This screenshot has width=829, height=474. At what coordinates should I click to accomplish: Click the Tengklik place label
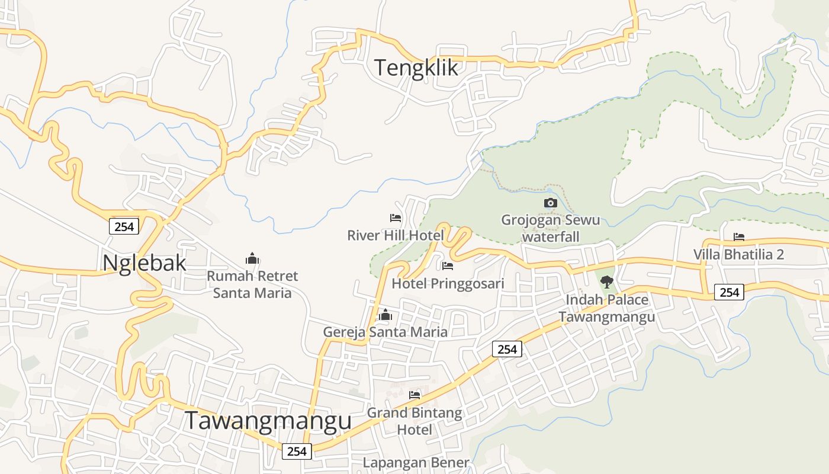click(x=416, y=68)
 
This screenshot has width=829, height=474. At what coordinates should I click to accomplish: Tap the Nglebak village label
click(x=144, y=262)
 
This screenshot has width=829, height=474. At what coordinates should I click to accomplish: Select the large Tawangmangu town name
click(x=268, y=421)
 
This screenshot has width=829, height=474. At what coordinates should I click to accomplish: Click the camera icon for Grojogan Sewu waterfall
click(x=551, y=203)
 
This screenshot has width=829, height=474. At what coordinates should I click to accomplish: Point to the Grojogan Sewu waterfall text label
click(x=551, y=228)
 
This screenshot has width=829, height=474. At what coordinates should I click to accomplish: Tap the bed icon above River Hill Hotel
click(x=396, y=218)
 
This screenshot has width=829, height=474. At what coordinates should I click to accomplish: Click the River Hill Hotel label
click(x=396, y=235)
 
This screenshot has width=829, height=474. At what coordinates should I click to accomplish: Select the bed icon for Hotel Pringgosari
click(x=448, y=266)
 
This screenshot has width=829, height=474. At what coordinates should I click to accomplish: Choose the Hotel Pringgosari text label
click(x=448, y=283)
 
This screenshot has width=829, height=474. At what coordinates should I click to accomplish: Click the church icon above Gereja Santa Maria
click(x=385, y=315)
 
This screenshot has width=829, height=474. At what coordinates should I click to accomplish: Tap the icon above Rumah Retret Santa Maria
click(x=252, y=258)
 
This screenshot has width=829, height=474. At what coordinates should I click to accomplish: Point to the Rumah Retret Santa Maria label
click(x=252, y=284)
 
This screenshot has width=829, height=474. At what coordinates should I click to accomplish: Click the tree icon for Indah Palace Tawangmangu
click(x=606, y=282)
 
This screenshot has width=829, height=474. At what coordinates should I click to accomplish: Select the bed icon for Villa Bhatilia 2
click(x=739, y=237)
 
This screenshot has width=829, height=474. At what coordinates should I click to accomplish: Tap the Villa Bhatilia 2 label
click(x=739, y=254)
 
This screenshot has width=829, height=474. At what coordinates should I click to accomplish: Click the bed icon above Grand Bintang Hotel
click(x=415, y=395)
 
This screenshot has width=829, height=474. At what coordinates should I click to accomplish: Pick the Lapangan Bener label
click(x=416, y=462)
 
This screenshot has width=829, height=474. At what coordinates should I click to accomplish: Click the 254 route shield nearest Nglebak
click(x=124, y=226)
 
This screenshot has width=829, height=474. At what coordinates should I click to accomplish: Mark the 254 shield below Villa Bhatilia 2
click(x=729, y=292)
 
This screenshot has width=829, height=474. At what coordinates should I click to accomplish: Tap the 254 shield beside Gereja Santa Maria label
click(x=507, y=350)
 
